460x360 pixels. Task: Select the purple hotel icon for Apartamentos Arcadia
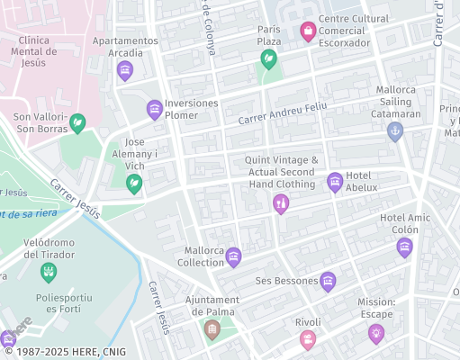click(125, 70)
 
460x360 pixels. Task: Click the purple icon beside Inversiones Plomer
click(155, 110)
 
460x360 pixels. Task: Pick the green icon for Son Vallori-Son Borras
click(78, 122)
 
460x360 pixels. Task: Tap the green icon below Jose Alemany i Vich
click(134, 184)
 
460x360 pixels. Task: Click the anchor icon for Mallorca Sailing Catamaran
click(394, 131)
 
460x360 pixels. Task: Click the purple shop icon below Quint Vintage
click(281, 204)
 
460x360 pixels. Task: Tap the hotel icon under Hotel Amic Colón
click(405, 247)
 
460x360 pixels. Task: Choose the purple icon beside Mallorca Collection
click(233, 257)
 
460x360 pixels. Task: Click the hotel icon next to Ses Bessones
click(328, 282)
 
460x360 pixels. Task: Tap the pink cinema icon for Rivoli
click(308, 339)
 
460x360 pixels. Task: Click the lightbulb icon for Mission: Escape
click(376, 334)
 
